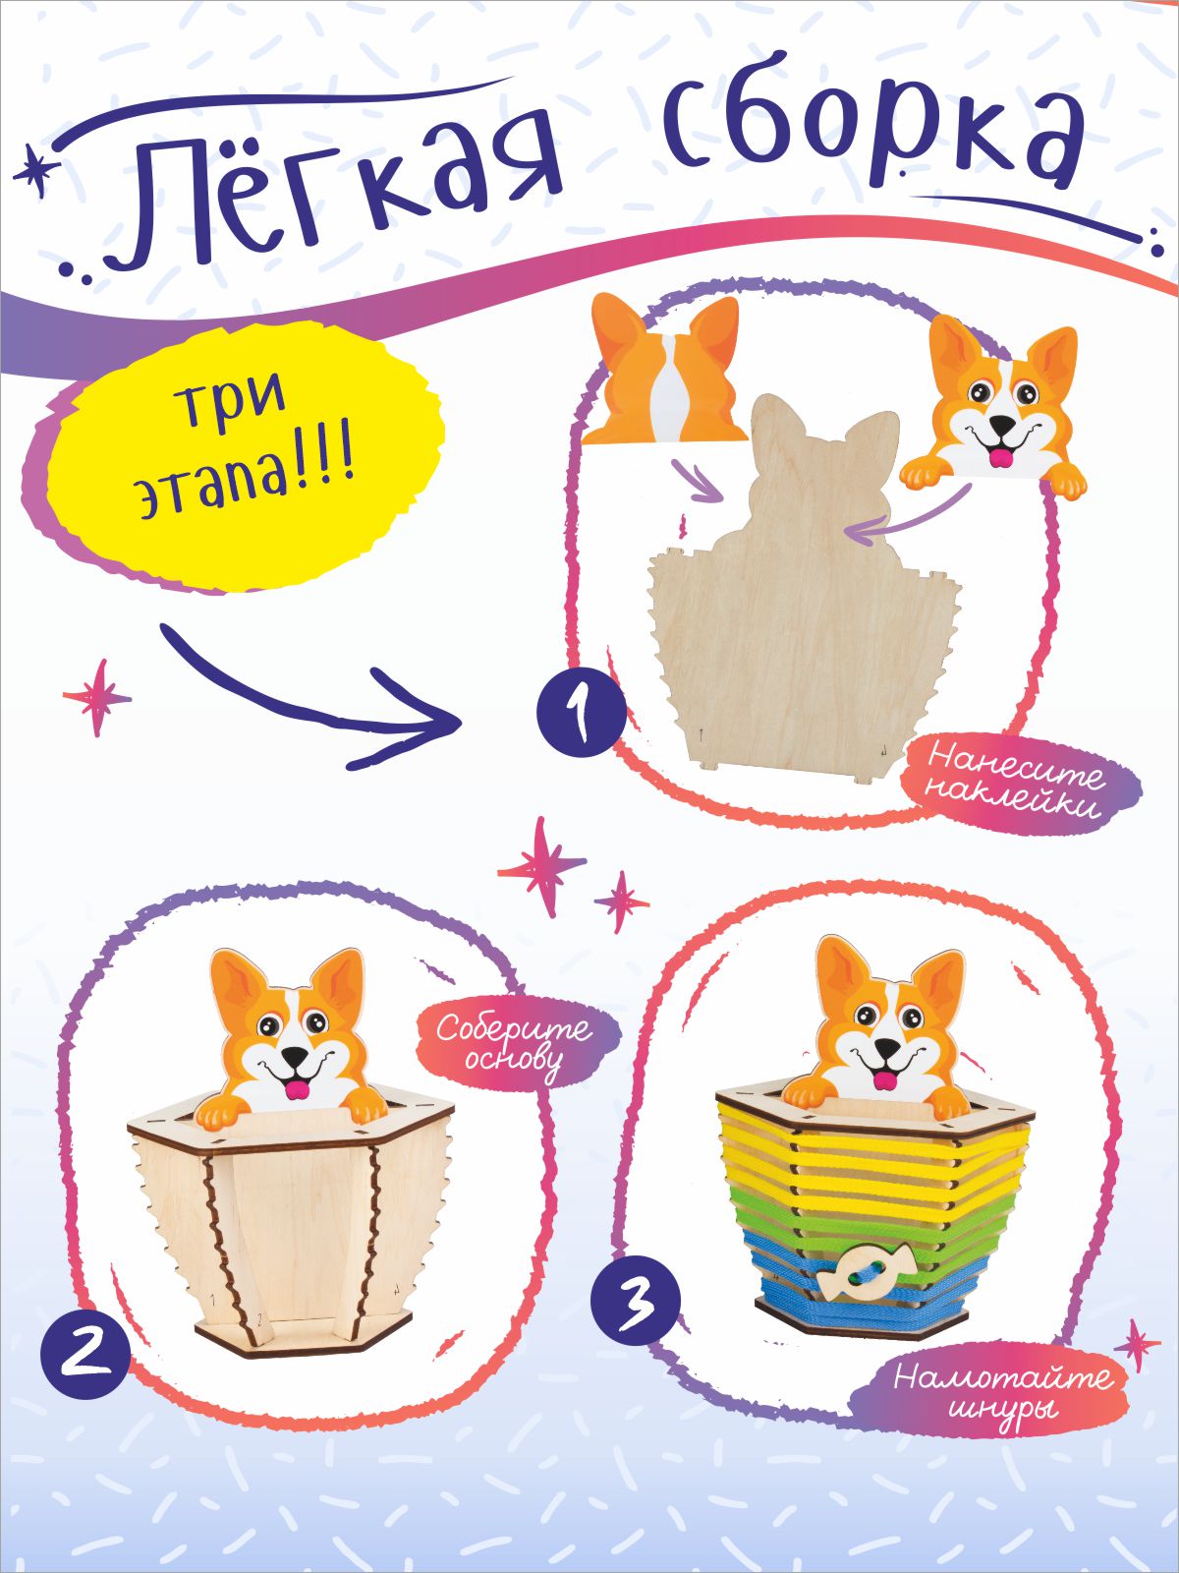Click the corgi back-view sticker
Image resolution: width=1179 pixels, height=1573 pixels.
pos(663,369)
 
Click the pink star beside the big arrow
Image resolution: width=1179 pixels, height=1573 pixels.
pos(97,696)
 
